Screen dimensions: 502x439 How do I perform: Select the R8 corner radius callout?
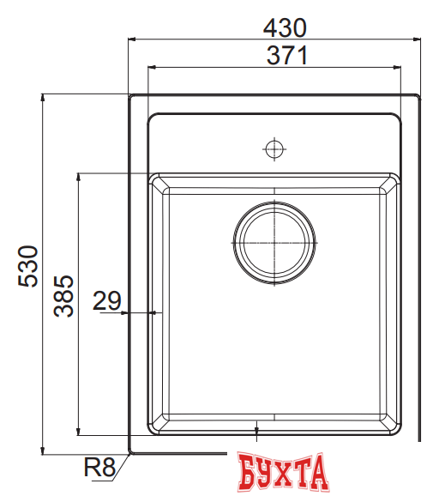click(99, 469)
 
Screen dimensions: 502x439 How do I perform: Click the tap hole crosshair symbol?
click(274, 148)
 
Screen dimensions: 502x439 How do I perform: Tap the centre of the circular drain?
click(274, 242)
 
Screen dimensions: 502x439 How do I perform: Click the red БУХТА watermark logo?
click(284, 474)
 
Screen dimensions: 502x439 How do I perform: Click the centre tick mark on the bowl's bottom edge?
click(257, 426)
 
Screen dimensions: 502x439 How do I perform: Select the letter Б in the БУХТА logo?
click(247, 474)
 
